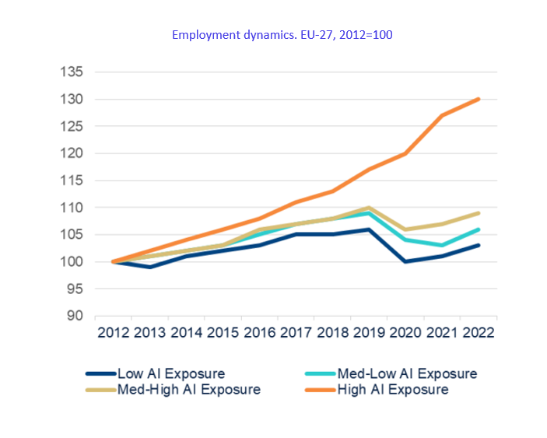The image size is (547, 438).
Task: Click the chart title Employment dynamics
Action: pyautogui.click(x=286, y=35)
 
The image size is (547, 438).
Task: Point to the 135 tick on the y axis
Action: pyautogui.click(x=72, y=72)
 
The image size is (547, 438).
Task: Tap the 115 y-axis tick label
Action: pyautogui.click(x=72, y=180)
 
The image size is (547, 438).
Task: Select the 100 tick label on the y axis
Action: pyautogui.click(x=72, y=262)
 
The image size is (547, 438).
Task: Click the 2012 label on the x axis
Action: pyautogui.click(x=113, y=332)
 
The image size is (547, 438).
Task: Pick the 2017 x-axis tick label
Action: pyautogui.click(x=296, y=332)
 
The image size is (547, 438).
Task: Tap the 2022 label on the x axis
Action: pyautogui.click(x=479, y=332)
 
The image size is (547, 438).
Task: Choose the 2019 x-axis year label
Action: pyautogui.click(x=369, y=332)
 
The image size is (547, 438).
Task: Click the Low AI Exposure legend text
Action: pyautogui.click(x=170, y=373)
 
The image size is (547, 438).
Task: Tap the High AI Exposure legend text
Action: pyautogui.click(x=392, y=389)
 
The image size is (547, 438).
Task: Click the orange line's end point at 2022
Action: pyautogui.click(x=479, y=99)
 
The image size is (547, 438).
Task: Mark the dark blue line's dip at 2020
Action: pyautogui.click(x=405, y=261)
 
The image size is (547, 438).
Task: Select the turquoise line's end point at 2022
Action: pyautogui.click(x=479, y=230)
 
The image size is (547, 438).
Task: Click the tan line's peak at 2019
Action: pyautogui.click(x=369, y=208)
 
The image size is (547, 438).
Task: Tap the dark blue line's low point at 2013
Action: pyautogui.click(x=149, y=267)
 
